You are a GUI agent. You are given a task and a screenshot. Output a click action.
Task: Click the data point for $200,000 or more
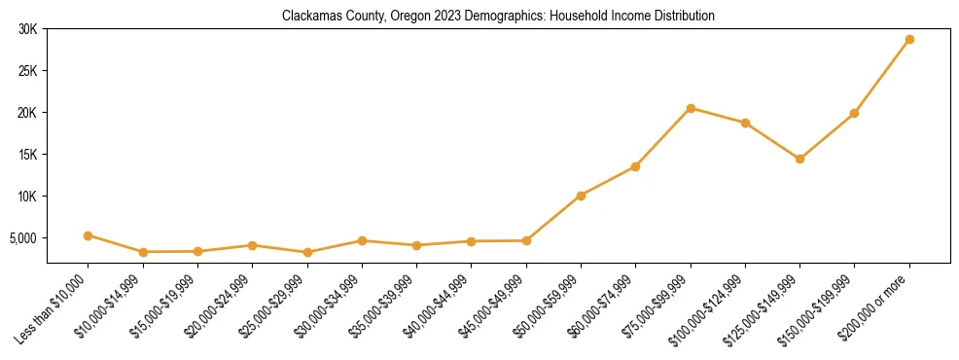[x=909, y=39]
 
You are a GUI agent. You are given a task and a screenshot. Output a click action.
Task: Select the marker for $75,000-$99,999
[x=691, y=108]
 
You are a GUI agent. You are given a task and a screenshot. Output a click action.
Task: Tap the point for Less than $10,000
[x=89, y=235]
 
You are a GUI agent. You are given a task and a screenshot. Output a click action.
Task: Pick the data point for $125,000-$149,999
[x=799, y=159]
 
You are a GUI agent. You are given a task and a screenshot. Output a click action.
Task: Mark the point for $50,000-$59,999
[x=581, y=196]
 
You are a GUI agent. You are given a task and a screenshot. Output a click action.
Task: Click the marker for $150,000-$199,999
[x=854, y=113]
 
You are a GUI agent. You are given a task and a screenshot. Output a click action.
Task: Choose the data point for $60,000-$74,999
[x=635, y=166]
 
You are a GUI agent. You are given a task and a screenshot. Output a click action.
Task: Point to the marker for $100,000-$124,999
[x=745, y=123]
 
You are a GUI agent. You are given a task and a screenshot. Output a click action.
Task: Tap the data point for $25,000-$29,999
[x=307, y=252]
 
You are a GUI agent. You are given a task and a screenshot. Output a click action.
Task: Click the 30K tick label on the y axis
[x=26, y=29]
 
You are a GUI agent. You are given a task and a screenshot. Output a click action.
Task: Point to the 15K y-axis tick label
[x=26, y=154]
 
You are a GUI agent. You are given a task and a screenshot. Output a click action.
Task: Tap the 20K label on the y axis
[x=26, y=113]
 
